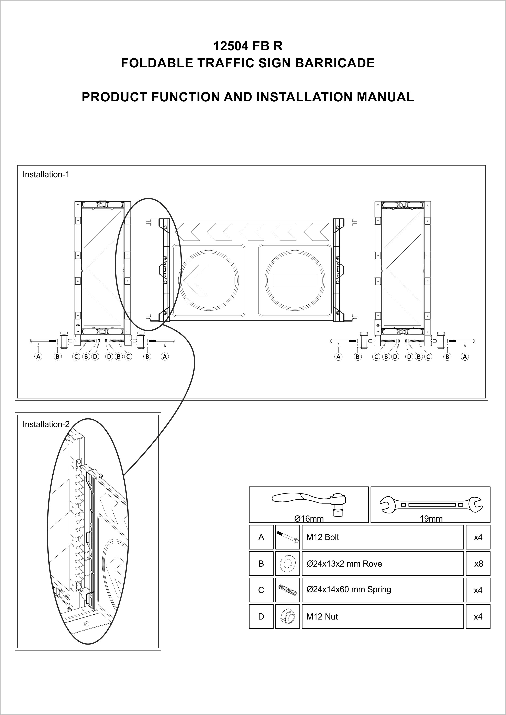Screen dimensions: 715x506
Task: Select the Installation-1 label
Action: [x=46, y=175]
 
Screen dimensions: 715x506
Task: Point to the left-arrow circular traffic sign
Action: [x=208, y=280]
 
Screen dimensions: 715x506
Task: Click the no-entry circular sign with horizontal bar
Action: [x=295, y=280]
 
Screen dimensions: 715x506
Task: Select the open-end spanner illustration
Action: [x=431, y=504]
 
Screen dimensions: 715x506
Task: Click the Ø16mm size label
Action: [x=309, y=519]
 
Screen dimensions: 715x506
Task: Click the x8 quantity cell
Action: [x=478, y=564]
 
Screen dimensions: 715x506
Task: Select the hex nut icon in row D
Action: [x=288, y=617]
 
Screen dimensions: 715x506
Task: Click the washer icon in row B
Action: [x=288, y=564]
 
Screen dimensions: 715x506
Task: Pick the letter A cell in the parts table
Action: [x=261, y=537]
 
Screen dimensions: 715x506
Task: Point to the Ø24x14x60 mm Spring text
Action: [x=349, y=590]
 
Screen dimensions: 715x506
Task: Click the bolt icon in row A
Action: [x=288, y=537]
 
